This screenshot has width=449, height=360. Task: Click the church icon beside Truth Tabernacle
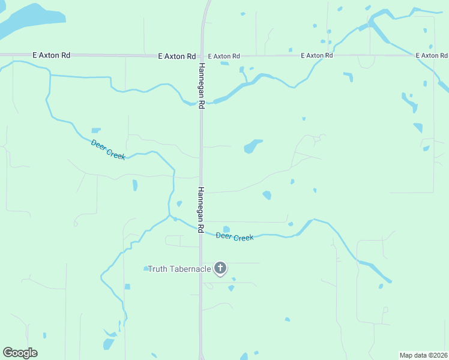220,268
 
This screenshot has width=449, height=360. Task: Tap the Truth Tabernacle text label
179,269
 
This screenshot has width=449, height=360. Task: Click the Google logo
20,353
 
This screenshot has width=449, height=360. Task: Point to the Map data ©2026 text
423,355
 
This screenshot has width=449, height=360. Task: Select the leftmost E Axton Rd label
52,55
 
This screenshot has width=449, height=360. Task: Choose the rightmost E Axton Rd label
432,56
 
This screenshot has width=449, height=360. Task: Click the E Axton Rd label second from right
317,56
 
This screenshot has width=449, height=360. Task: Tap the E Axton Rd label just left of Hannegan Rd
177,56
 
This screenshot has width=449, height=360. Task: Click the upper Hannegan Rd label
202,85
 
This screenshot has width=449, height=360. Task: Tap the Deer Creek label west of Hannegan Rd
108,149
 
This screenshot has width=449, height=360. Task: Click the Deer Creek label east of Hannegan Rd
235,237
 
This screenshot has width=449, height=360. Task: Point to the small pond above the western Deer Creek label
96,131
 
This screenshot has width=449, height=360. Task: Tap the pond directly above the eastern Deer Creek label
226,229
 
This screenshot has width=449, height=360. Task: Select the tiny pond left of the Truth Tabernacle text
145,269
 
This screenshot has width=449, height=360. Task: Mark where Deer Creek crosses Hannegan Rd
201,230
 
